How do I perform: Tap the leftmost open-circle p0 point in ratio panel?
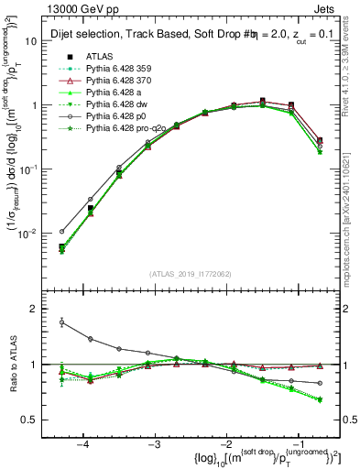[61, 322]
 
